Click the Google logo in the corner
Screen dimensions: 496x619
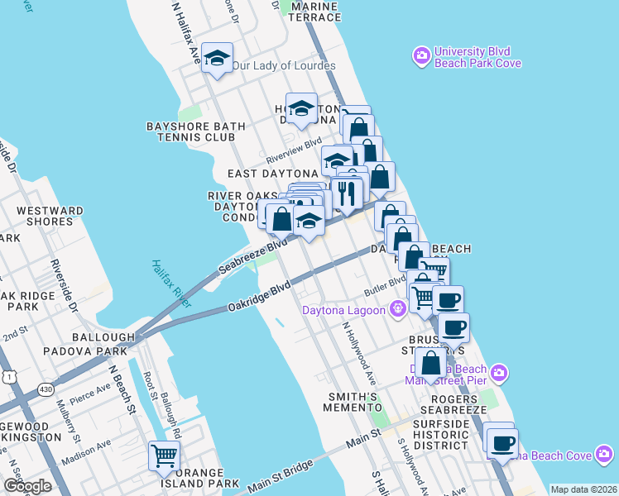pyautogui.click(x=27, y=485)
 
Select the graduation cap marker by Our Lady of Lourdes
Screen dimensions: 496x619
pyautogui.click(x=218, y=58)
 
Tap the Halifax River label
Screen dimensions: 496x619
pyautogui.click(x=171, y=284)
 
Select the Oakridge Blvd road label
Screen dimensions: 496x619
pyautogui.click(x=260, y=298)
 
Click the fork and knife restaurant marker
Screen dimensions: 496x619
pyautogui.click(x=347, y=193)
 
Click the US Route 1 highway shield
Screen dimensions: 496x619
pyautogui.click(x=9, y=376)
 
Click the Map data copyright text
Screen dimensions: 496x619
pyautogui.click(x=583, y=489)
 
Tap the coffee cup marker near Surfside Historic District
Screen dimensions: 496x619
pyautogui.click(x=502, y=442)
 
